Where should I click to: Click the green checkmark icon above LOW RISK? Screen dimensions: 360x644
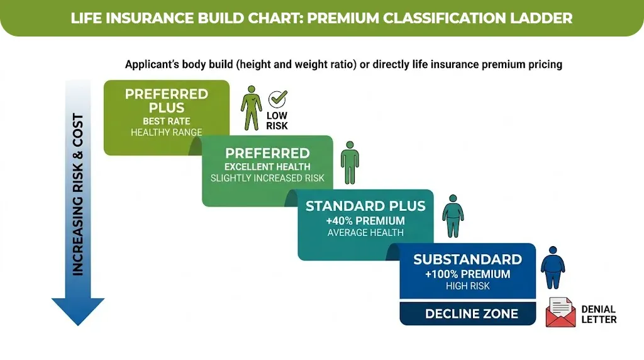click(x=277, y=99)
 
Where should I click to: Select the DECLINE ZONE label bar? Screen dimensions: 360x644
click(x=472, y=314)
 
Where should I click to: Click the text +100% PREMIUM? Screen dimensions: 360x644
click(x=467, y=274)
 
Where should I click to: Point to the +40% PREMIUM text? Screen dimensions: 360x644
click(x=365, y=220)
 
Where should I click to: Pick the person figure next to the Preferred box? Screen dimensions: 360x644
click(x=350, y=162)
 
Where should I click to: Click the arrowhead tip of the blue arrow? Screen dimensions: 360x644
click(x=77, y=322)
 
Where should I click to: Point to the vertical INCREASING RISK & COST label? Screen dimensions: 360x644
click(x=78, y=194)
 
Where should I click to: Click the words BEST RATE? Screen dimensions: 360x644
click(x=166, y=121)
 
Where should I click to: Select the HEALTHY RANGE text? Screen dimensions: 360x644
click(x=166, y=132)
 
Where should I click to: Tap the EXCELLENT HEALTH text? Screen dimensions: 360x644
click(x=267, y=167)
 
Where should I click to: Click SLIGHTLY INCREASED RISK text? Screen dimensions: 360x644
click(x=267, y=178)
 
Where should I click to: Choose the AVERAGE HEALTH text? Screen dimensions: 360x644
click(x=365, y=232)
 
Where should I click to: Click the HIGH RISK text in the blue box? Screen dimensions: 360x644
click(x=467, y=286)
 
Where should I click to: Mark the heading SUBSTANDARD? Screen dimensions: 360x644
click(x=467, y=259)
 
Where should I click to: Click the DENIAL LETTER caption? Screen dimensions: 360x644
click(x=598, y=314)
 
